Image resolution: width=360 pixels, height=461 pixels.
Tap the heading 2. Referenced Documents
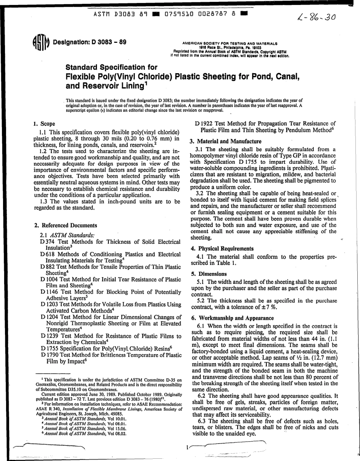(66, 225)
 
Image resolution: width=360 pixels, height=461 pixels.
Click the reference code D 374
(47, 241)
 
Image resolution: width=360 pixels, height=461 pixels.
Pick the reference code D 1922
(203, 123)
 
